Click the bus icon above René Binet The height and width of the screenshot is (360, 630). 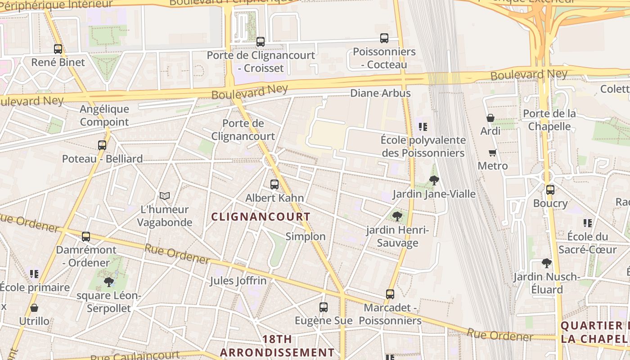coord(58,49)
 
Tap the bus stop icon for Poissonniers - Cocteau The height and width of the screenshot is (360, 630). coord(384,38)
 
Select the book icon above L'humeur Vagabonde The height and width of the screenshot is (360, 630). coord(165,196)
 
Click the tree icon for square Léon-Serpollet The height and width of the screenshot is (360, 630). coord(108,282)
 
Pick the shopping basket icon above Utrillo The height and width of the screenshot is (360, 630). coord(34,308)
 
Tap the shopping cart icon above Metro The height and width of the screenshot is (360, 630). coord(493,153)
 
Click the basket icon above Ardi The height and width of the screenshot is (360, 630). coord(490,118)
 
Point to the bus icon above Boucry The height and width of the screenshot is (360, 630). coord(550,190)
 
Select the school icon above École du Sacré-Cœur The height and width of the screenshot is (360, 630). coord(587,223)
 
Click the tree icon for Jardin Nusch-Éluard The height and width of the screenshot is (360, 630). coord(547,263)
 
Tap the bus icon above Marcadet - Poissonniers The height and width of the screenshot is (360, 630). coord(390,294)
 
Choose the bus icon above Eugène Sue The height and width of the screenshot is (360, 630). coord(324,307)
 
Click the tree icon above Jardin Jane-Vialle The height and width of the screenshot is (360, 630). coord(434,180)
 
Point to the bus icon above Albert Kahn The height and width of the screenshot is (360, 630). coord(274,184)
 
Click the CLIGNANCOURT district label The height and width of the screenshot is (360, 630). coord(261,217)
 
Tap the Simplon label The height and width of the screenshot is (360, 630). coord(306,237)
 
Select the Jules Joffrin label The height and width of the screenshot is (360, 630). coord(238,281)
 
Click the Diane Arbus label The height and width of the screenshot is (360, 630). coord(380,93)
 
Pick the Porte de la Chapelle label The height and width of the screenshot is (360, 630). coord(549,120)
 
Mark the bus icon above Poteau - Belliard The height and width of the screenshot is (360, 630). coord(102,145)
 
